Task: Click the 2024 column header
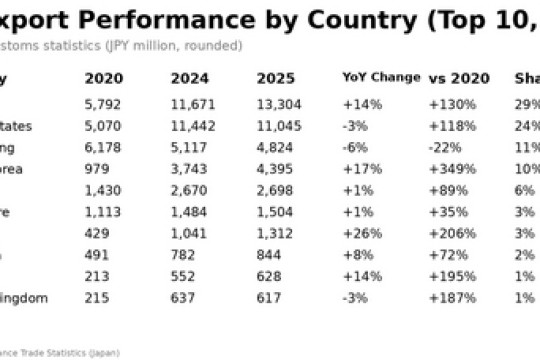pyautogui.click(x=190, y=78)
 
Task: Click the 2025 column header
pyautogui.click(x=276, y=78)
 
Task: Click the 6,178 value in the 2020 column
pyautogui.click(x=104, y=147)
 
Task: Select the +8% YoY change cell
pyautogui.click(x=358, y=255)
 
